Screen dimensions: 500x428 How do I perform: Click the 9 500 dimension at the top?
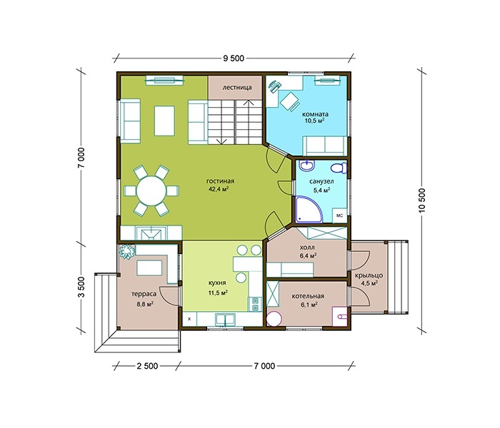tap(234, 58)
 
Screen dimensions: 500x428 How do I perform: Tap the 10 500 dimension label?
tap(423, 200)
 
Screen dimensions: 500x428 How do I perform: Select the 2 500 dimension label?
tap(147, 366)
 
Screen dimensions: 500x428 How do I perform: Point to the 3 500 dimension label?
tap(82, 287)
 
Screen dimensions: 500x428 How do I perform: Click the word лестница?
tap(237, 87)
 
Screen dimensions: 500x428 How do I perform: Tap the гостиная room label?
tap(220, 181)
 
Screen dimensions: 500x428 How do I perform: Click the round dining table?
tap(151, 191)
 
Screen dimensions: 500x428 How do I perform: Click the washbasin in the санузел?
tap(307, 165)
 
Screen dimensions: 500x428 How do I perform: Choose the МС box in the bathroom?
tap(339, 215)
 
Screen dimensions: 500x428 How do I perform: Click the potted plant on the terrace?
tap(126, 252)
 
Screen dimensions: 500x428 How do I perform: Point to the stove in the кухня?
tap(255, 303)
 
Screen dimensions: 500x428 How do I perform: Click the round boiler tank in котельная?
tap(274, 318)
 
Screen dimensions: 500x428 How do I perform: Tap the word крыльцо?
tap(369, 275)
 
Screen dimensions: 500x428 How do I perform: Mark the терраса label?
tap(144, 294)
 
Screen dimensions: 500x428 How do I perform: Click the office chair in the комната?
tap(289, 101)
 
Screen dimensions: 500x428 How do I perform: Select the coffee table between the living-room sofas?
tap(164, 121)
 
